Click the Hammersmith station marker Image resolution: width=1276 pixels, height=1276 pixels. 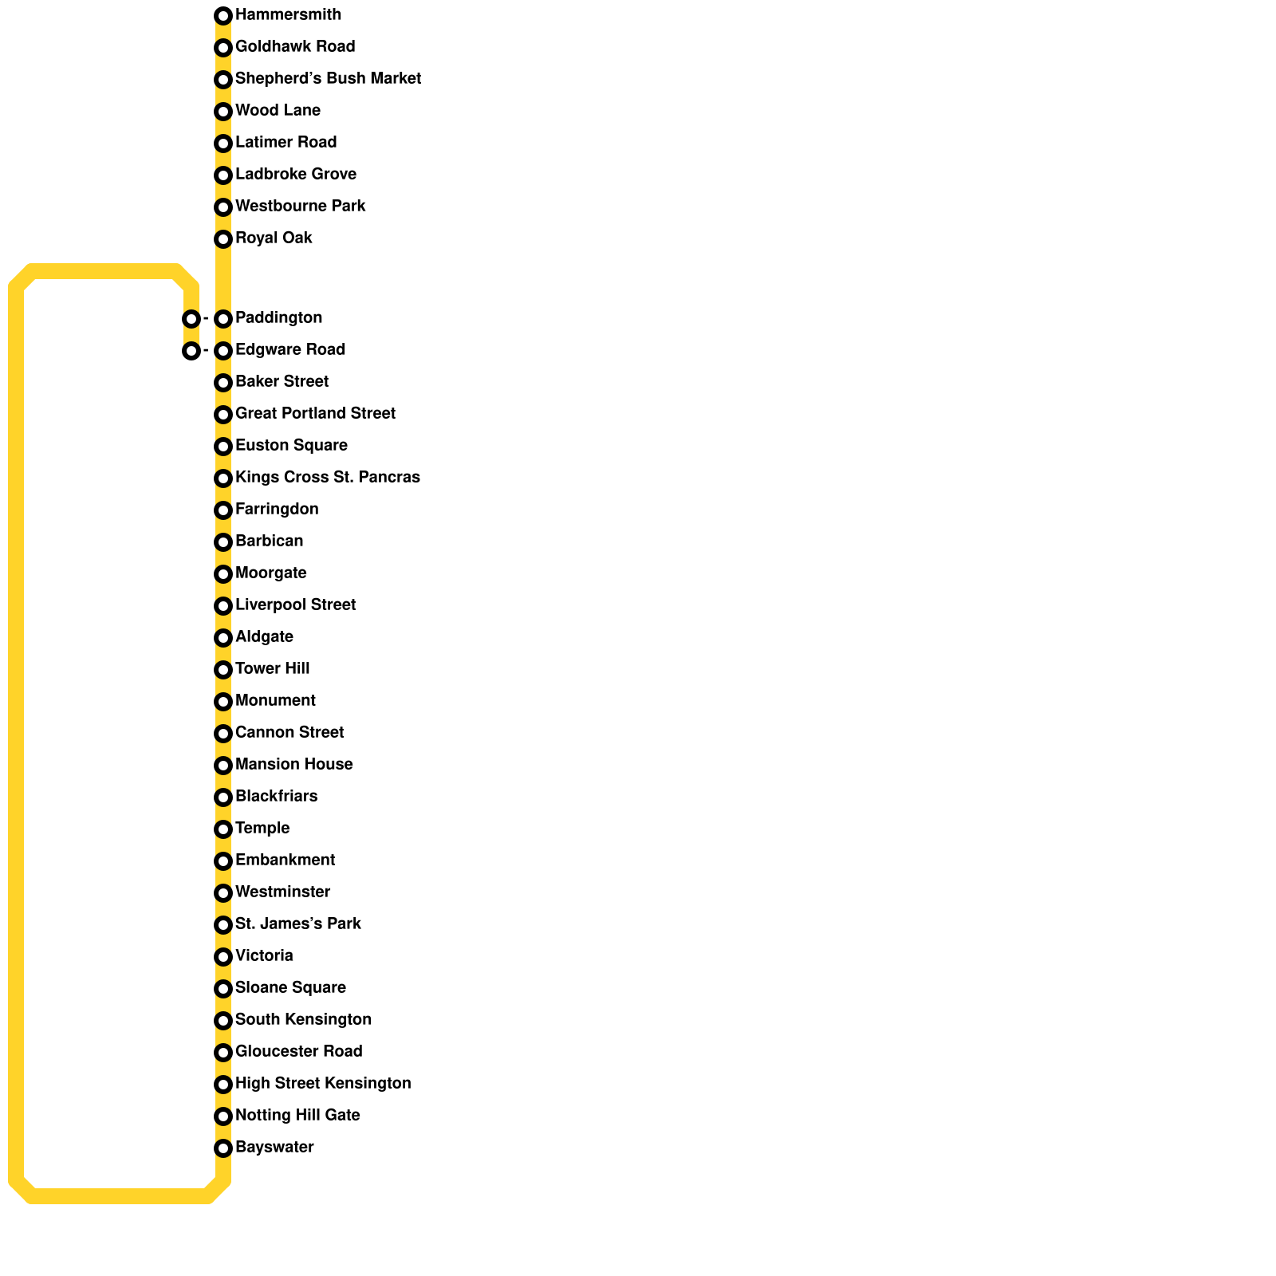click(223, 16)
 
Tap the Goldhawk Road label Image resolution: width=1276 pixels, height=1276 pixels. click(295, 47)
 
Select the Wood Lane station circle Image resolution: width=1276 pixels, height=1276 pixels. click(223, 112)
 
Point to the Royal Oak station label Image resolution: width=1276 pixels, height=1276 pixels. click(274, 238)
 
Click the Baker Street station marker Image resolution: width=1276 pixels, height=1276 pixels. click(223, 383)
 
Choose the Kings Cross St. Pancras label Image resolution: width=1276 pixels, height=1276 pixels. click(327, 478)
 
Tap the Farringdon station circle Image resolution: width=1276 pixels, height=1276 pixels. click(223, 510)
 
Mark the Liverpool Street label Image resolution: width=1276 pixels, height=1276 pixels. click(295, 605)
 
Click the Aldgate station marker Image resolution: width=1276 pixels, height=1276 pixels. click(223, 638)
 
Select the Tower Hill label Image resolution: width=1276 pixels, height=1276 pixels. click(272, 669)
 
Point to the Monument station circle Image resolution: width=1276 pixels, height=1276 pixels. click(223, 702)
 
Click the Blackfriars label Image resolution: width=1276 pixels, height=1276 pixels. click(276, 797)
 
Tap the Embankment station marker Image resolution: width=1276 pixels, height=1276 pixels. click(223, 861)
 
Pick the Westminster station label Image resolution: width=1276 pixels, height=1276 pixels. click(282, 892)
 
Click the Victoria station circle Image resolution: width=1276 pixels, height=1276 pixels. click(223, 957)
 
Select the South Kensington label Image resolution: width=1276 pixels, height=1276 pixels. click(303, 1020)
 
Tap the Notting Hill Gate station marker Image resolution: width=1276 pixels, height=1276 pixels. click(223, 1116)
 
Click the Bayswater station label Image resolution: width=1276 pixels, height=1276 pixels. click(274, 1148)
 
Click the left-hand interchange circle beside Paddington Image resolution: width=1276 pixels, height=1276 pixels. click(191, 319)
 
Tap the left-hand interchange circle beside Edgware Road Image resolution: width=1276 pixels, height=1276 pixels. click(191, 351)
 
